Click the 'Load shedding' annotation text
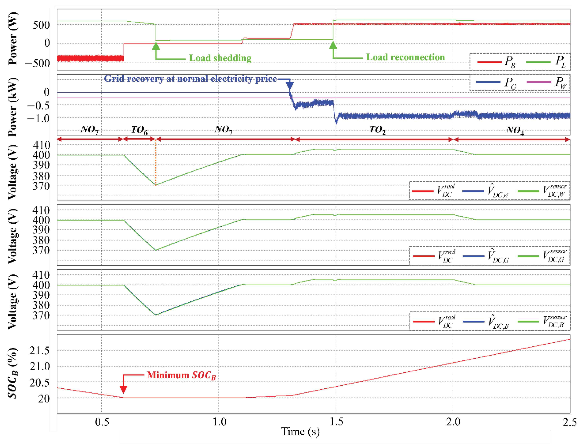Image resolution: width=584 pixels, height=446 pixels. tap(220, 58)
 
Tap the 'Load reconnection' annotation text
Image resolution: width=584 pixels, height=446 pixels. tap(405, 57)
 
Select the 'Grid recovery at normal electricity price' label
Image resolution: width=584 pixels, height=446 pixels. tap(190, 79)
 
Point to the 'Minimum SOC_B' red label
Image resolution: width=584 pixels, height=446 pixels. tap(181, 375)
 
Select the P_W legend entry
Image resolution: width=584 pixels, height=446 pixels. tap(547, 82)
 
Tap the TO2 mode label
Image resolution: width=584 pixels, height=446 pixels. tap(377, 130)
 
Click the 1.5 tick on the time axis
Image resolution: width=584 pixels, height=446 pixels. tap(336, 422)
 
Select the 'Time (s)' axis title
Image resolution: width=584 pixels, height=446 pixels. tap(300, 432)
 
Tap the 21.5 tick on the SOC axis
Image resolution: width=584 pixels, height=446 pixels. tap(39, 351)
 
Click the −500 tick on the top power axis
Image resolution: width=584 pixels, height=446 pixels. tap(37, 63)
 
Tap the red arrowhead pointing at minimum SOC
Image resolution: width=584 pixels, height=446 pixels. tap(123, 389)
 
